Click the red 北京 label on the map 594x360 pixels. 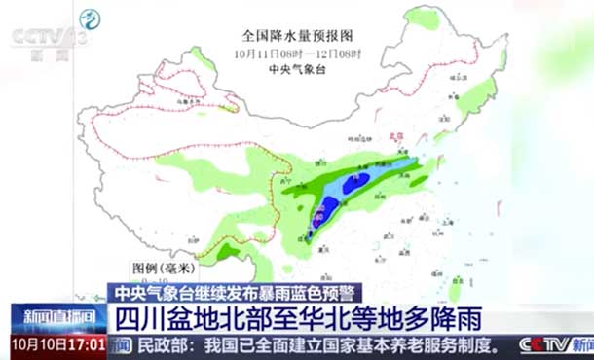click(397, 138)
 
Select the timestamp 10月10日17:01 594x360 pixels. click(59, 344)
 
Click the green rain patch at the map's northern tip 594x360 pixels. click(422, 17)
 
